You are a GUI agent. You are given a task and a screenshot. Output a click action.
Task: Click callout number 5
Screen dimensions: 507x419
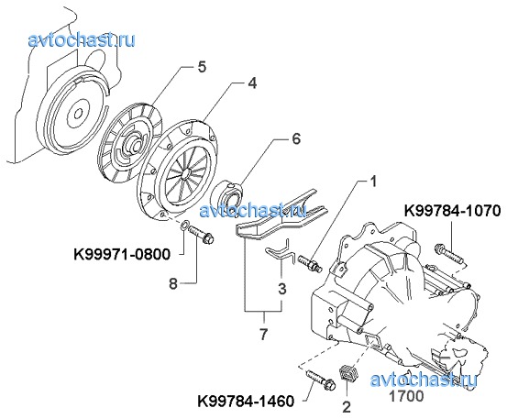(x=201, y=67)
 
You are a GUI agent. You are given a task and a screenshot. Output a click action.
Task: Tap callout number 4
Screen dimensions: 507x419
(x=252, y=83)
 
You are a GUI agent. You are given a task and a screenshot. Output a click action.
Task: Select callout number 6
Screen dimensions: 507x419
(x=296, y=138)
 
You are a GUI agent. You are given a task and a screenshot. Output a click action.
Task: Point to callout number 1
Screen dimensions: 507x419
(x=373, y=182)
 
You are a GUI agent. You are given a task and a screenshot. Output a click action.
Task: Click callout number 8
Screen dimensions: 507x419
(x=173, y=284)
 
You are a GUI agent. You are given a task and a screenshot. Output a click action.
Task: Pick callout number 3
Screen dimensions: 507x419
(x=282, y=289)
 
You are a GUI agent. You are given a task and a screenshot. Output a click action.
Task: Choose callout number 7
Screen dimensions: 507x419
(x=263, y=334)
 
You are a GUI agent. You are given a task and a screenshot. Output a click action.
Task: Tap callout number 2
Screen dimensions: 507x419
(x=347, y=407)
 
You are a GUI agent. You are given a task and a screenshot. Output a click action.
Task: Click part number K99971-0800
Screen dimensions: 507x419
(x=122, y=255)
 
